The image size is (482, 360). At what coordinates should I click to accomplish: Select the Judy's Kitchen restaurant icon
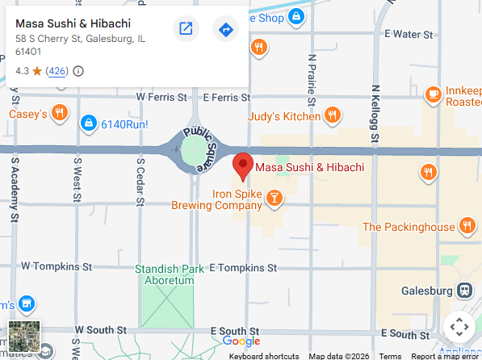coord(332,117)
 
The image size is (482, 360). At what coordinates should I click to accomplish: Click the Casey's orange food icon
coord(59,114)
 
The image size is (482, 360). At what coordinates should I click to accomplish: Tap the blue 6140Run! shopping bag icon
coord(87,123)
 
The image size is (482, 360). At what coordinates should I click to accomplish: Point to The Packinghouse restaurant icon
coord(466,226)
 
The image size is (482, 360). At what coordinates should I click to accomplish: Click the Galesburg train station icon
coord(464,291)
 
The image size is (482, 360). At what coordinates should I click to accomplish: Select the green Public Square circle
coord(195,150)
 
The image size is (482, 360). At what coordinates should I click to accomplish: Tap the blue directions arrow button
coord(225,29)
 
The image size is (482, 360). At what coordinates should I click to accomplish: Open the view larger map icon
coord(186,29)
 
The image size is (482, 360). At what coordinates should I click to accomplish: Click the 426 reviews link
coord(57,71)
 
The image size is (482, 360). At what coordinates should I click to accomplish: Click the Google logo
coord(241,341)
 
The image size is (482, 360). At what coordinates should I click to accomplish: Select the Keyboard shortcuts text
coord(264,356)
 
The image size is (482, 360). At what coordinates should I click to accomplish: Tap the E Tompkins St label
coord(243,267)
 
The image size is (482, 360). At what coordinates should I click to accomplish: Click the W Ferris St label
coord(161,97)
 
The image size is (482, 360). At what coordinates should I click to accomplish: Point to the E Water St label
coord(409,34)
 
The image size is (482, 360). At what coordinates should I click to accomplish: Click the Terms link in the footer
coord(390,356)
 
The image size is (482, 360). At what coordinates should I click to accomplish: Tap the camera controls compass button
coord(459,327)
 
